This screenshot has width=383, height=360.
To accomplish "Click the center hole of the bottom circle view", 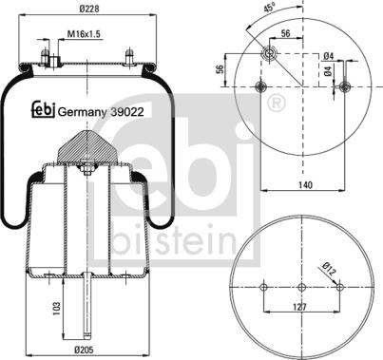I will (x=300, y=288).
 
